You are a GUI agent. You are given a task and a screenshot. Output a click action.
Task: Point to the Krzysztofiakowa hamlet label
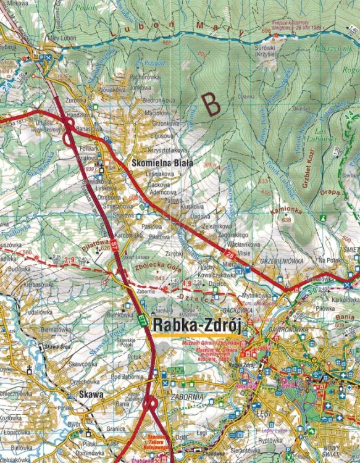(x=167, y=150)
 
